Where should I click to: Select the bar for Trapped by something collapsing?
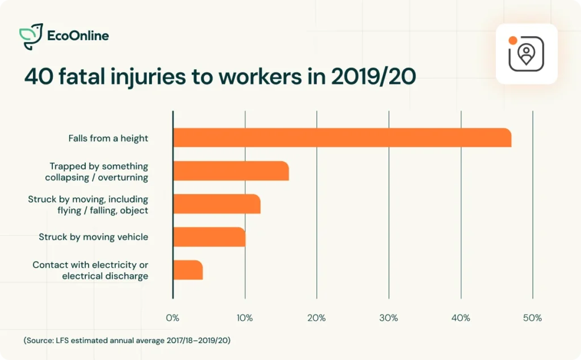tap(230, 171)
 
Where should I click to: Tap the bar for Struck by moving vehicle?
tap(209, 237)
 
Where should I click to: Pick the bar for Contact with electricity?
tap(187, 270)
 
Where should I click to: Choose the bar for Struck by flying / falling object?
tap(216, 204)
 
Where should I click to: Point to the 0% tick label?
tap(172, 318)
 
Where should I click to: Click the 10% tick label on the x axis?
tap(245, 318)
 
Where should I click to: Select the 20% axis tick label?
tap(317, 318)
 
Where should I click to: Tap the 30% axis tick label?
tap(389, 318)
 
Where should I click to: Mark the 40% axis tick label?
tap(461, 318)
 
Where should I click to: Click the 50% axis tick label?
tap(532, 318)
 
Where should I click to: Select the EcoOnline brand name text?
tap(78, 36)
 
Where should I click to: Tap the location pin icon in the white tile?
tap(527, 54)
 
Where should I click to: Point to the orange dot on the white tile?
tap(512, 41)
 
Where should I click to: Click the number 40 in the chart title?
tap(37, 77)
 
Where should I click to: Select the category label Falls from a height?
tap(108, 138)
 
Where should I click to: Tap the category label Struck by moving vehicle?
tap(93, 237)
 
